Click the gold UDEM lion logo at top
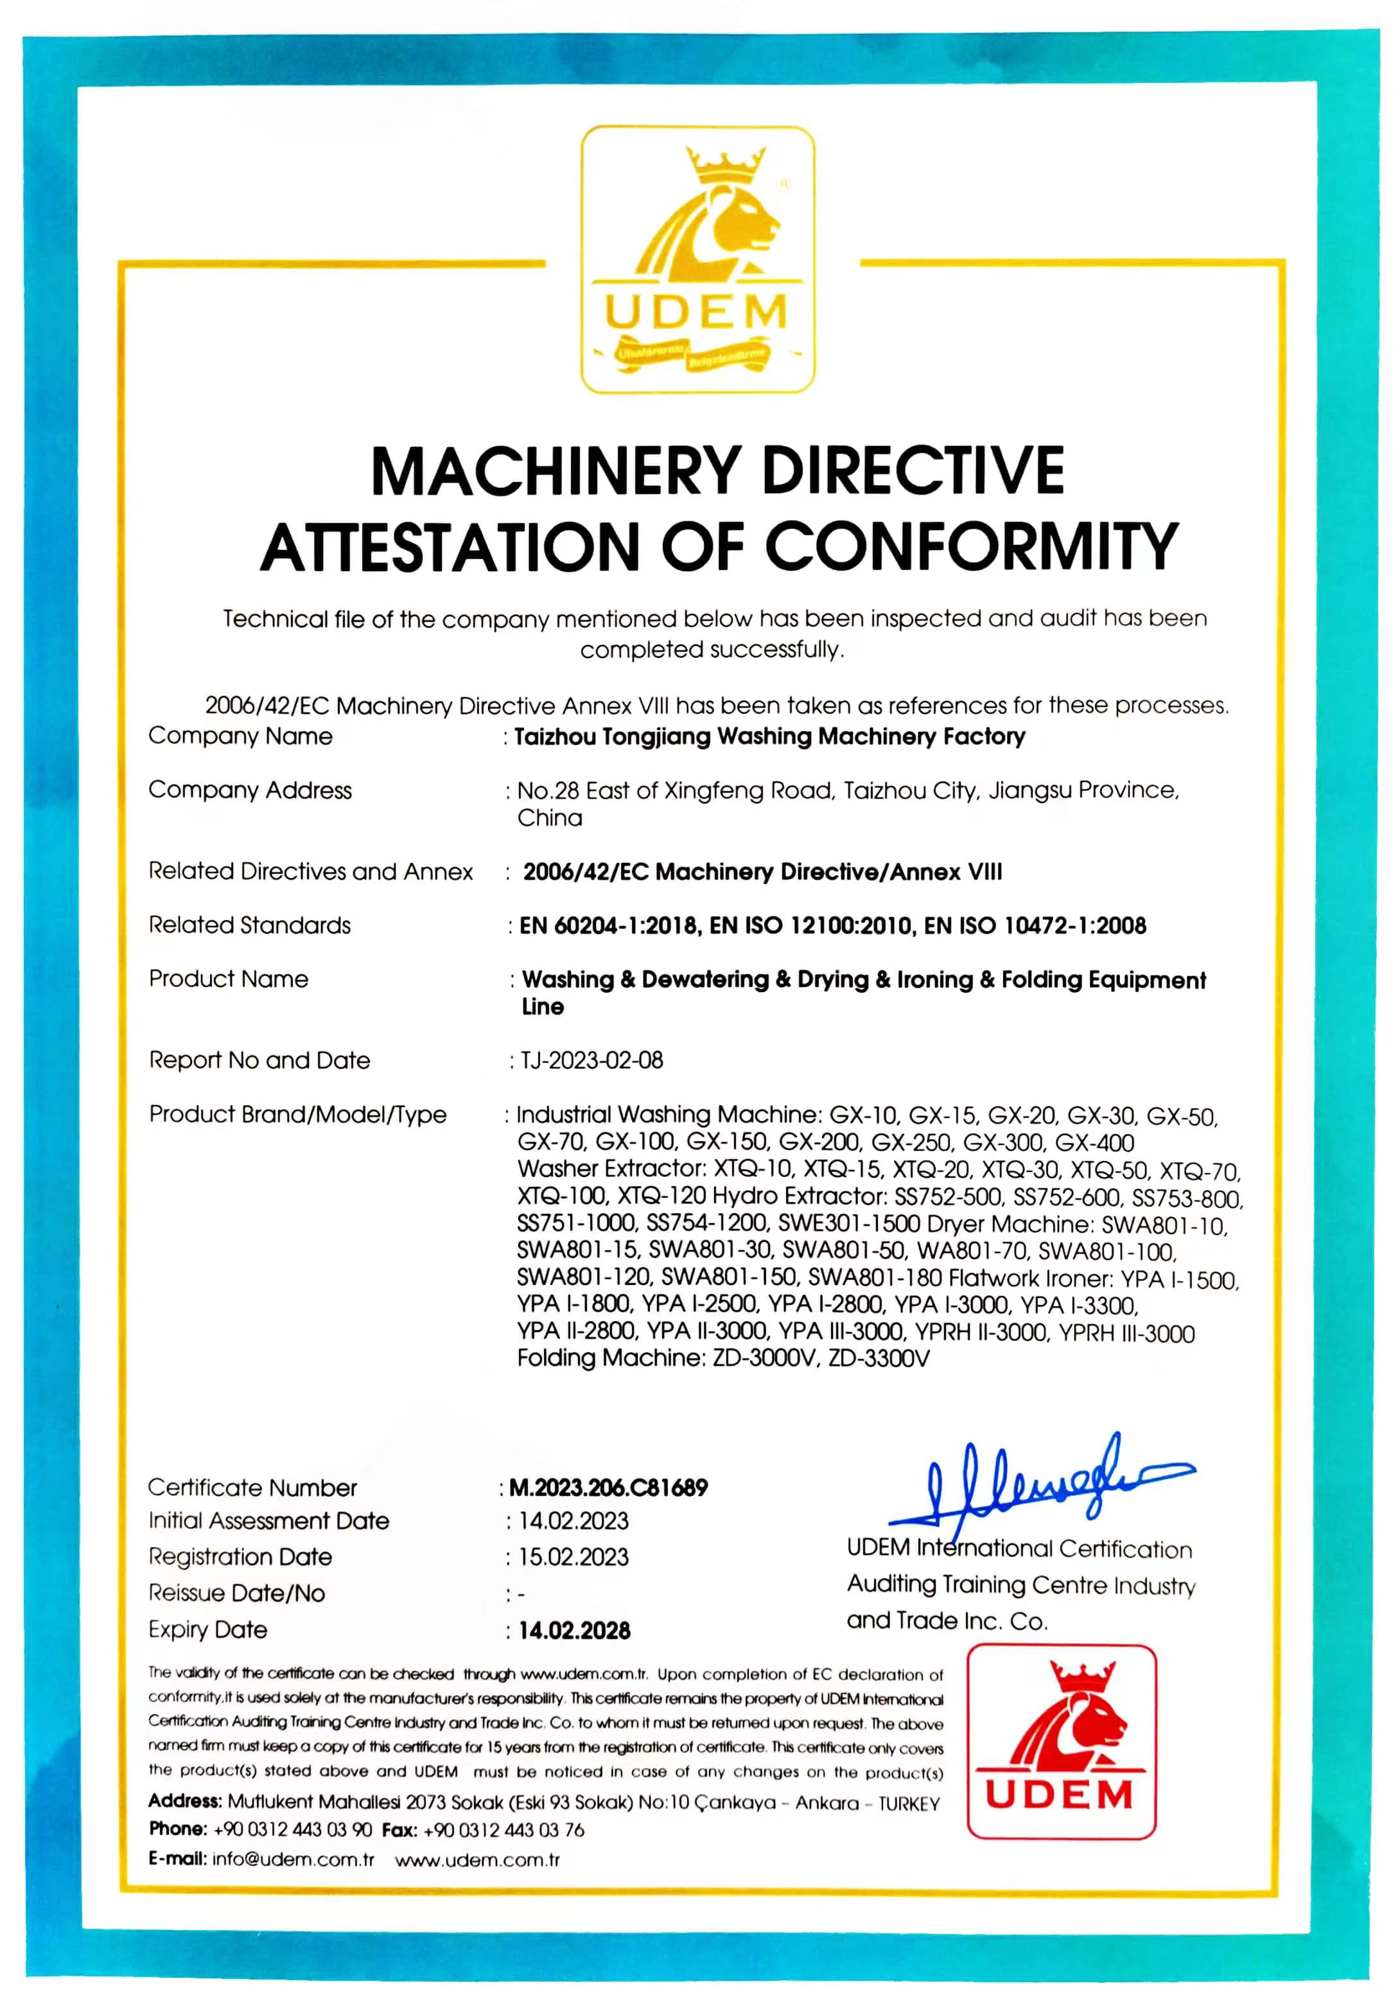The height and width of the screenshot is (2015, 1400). click(697, 259)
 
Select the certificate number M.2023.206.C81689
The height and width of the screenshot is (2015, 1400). click(608, 1487)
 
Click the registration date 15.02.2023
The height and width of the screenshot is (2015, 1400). click(573, 1557)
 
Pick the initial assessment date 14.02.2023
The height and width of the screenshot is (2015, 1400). click(573, 1521)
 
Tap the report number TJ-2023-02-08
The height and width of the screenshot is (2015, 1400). click(592, 1060)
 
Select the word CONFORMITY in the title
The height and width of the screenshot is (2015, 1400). click(971, 546)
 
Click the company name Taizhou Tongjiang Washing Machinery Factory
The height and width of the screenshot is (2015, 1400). click(769, 736)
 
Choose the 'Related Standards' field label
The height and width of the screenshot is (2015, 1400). click(249, 925)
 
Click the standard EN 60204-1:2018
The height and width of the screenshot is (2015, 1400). click(609, 926)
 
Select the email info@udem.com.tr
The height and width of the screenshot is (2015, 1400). click(293, 1860)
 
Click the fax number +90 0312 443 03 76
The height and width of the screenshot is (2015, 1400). click(503, 1830)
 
